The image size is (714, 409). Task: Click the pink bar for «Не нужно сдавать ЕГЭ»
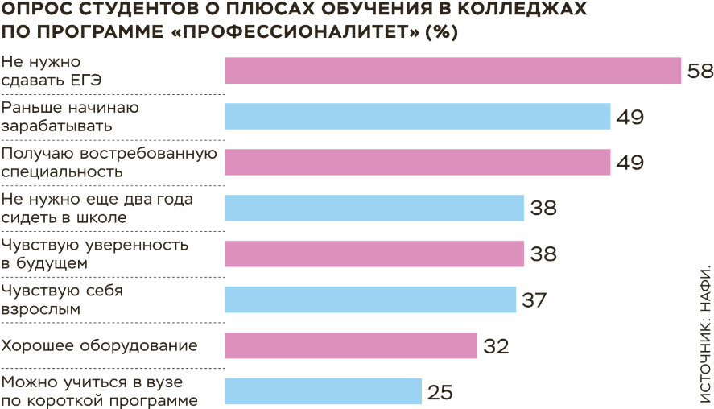coord(452,71)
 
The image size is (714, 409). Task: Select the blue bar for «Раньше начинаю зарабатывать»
coord(417,117)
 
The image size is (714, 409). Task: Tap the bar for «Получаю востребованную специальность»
coord(417,163)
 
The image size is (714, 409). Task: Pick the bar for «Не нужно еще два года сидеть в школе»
coord(374,209)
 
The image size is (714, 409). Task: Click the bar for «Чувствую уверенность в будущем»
coord(374,254)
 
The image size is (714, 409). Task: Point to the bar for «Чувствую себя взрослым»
coord(369,300)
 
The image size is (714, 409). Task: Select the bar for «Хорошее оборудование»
coord(351,346)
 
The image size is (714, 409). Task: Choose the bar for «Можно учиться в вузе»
coord(323,391)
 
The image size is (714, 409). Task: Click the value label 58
coord(700,71)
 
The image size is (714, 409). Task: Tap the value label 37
coord(534,300)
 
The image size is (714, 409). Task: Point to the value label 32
coord(496,346)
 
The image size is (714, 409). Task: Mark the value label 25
coord(440,392)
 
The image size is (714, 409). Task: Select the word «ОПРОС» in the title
coord(32,10)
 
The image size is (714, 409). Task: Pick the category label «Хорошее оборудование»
coord(100,346)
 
